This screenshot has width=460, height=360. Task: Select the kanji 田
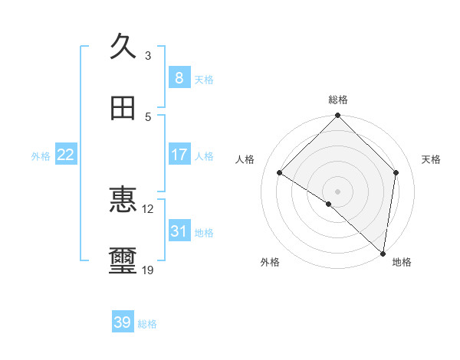123,109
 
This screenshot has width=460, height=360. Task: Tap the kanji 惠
123,200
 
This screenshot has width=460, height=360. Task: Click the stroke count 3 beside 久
148,55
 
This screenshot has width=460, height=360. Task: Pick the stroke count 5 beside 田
148,117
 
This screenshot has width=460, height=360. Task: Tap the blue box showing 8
179,77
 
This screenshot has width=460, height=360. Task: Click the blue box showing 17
179,155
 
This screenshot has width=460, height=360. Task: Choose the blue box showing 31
179,231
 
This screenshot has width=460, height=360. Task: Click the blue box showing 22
66,155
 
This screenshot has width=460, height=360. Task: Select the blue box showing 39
123,322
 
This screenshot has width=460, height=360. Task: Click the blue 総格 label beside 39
147,324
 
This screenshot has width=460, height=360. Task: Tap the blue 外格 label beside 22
41,156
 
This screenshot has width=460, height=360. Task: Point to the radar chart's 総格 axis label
338,100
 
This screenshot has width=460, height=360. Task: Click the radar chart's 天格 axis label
432,159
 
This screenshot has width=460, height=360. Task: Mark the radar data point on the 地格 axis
383,253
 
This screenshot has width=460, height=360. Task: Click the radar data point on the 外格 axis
329,204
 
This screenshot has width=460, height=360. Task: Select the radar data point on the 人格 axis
280,173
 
